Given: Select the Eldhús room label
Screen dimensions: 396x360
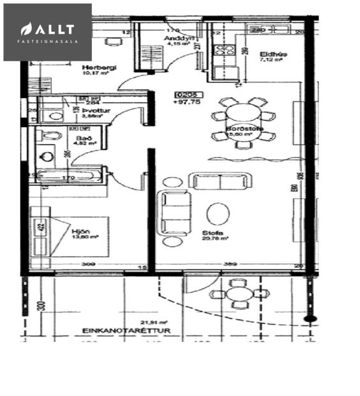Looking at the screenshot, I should (x=273, y=54).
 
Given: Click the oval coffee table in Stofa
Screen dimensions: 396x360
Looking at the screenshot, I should (x=217, y=214).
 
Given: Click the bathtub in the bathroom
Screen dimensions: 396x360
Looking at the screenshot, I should (x=67, y=176).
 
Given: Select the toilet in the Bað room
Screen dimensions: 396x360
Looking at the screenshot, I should (x=49, y=135).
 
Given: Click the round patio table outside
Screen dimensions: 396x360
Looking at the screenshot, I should (x=241, y=294).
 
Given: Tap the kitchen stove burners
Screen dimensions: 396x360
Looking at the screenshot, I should (x=223, y=48).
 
